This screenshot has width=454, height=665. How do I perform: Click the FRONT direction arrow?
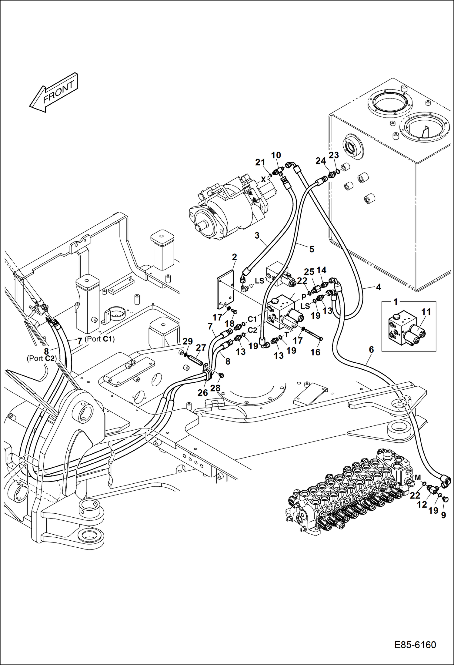point(54,93)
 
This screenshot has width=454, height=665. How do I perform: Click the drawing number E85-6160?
point(415,645)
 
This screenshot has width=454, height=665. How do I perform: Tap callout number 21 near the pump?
point(260,163)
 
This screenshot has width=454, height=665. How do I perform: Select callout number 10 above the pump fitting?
point(276,155)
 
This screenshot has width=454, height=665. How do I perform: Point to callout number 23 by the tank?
point(334,155)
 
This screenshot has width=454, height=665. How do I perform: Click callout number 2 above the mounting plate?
point(234,257)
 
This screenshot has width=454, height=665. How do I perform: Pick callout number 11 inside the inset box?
point(426,312)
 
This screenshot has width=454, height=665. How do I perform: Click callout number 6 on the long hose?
point(371,350)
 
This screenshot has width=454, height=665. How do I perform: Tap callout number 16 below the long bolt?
point(315,352)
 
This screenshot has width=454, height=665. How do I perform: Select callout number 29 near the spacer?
point(188,341)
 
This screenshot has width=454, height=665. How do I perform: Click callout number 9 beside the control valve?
point(443,515)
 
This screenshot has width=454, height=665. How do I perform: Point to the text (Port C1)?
point(99,339)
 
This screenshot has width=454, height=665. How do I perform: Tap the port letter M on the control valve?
point(418,478)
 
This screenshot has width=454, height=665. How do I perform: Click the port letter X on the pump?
point(263,179)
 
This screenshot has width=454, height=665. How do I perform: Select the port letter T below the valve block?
point(287,335)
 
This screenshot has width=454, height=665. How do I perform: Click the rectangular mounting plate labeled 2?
point(226,290)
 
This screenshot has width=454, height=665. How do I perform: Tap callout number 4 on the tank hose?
point(378,287)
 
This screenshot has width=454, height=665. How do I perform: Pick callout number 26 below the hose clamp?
point(202,393)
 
